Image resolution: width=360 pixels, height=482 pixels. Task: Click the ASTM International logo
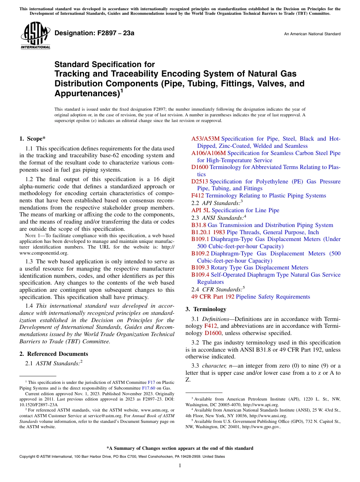click(x=35, y=36)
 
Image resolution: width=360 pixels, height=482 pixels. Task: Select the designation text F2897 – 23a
click(x=94, y=33)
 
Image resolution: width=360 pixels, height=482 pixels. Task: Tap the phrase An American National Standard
click(x=312, y=34)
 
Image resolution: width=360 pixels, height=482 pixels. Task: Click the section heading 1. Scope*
click(x=33, y=139)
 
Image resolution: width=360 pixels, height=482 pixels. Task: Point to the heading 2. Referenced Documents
click(x=54, y=354)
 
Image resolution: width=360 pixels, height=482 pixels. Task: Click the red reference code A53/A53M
click(x=205, y=139)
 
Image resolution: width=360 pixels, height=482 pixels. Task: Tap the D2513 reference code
click(x=200, y=182)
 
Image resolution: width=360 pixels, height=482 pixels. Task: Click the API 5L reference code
click(x=201, y=210)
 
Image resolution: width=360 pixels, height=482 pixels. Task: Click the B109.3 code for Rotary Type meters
click(x=200, y=268)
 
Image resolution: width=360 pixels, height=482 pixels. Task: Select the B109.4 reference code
click(x=200, y=275)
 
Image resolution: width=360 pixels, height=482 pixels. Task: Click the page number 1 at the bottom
click(x=180, y=465)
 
